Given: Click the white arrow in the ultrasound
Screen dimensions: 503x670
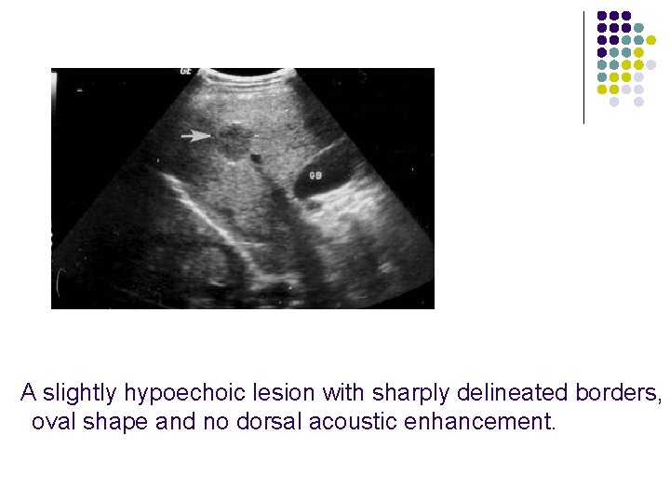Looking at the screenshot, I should tap(195, 136).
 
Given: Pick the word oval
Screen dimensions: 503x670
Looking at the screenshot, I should tap(54, 423).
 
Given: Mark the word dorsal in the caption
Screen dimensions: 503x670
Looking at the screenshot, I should tap(271, 423).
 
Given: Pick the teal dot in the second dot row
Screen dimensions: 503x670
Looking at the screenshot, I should tap(638, 28).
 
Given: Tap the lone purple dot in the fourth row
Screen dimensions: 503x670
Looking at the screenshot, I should tap(601, 52).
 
